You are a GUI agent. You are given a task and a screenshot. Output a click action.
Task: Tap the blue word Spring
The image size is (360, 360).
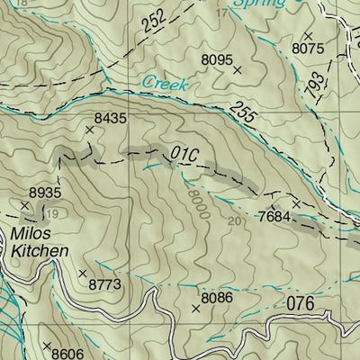pos(258,4)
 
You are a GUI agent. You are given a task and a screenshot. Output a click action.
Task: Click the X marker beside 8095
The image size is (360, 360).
pos(238,69)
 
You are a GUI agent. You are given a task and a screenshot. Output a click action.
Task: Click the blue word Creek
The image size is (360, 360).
pos(165,85)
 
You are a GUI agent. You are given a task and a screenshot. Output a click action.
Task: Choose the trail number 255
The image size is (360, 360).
pos(242,112)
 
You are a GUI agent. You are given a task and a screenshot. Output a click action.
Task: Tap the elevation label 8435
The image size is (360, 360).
pos(110,118)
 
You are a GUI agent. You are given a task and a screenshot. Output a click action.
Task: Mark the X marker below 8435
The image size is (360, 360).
pos(89,130)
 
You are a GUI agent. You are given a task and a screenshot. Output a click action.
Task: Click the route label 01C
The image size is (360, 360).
pos(176,149)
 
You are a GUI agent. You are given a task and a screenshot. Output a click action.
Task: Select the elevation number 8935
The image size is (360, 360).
pos(44,193)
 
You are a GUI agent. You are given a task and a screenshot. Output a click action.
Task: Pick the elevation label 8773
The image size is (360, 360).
pos(104,284)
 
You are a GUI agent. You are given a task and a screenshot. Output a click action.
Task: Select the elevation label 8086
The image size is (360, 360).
pos(217,298)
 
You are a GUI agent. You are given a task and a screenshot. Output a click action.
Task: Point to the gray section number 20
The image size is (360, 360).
pos(237,221)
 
